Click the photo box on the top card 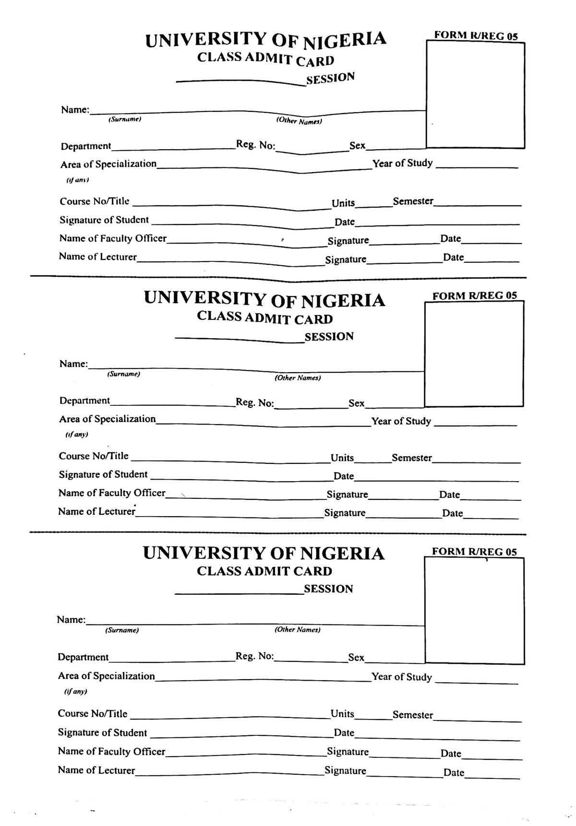[475, 95]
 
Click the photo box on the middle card [474, 354]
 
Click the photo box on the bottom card [474, 611]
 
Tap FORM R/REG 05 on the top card [476, 35]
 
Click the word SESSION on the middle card [329, 337]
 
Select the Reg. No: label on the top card [255, 145]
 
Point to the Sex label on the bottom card [356, 657]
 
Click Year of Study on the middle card [401, 421]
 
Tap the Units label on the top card [343, 203]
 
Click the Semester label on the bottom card [412, 715]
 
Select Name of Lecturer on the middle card [96, 511]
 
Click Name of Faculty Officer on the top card [113, 238]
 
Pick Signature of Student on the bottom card [102, 732]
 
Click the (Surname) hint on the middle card [123, 374]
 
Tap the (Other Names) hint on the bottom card [297, 629]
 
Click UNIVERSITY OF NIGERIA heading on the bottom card [264, 553]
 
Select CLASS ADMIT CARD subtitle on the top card [265, 59]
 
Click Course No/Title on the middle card [94, 456]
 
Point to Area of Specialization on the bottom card [106, 676]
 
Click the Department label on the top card [85, 146]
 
